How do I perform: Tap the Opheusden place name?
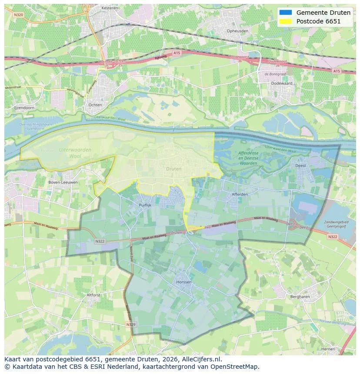click(238, 31)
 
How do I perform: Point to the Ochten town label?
click(95, 105)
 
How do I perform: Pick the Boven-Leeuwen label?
click(63, 182)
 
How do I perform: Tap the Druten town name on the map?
click(173, 169)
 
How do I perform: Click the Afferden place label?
click(240, 194)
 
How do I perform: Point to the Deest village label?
click(300, 165)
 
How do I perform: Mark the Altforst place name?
click(93, 295)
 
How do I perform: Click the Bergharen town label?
click(300, 296)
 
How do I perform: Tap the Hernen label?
click(328, 349)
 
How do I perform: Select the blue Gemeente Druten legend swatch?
click(286, 13)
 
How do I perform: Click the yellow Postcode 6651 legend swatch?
click(286, 21)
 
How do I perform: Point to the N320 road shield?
click(18, 14)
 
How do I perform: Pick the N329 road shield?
click(131, 324)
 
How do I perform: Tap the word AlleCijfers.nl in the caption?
click(203, 360)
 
